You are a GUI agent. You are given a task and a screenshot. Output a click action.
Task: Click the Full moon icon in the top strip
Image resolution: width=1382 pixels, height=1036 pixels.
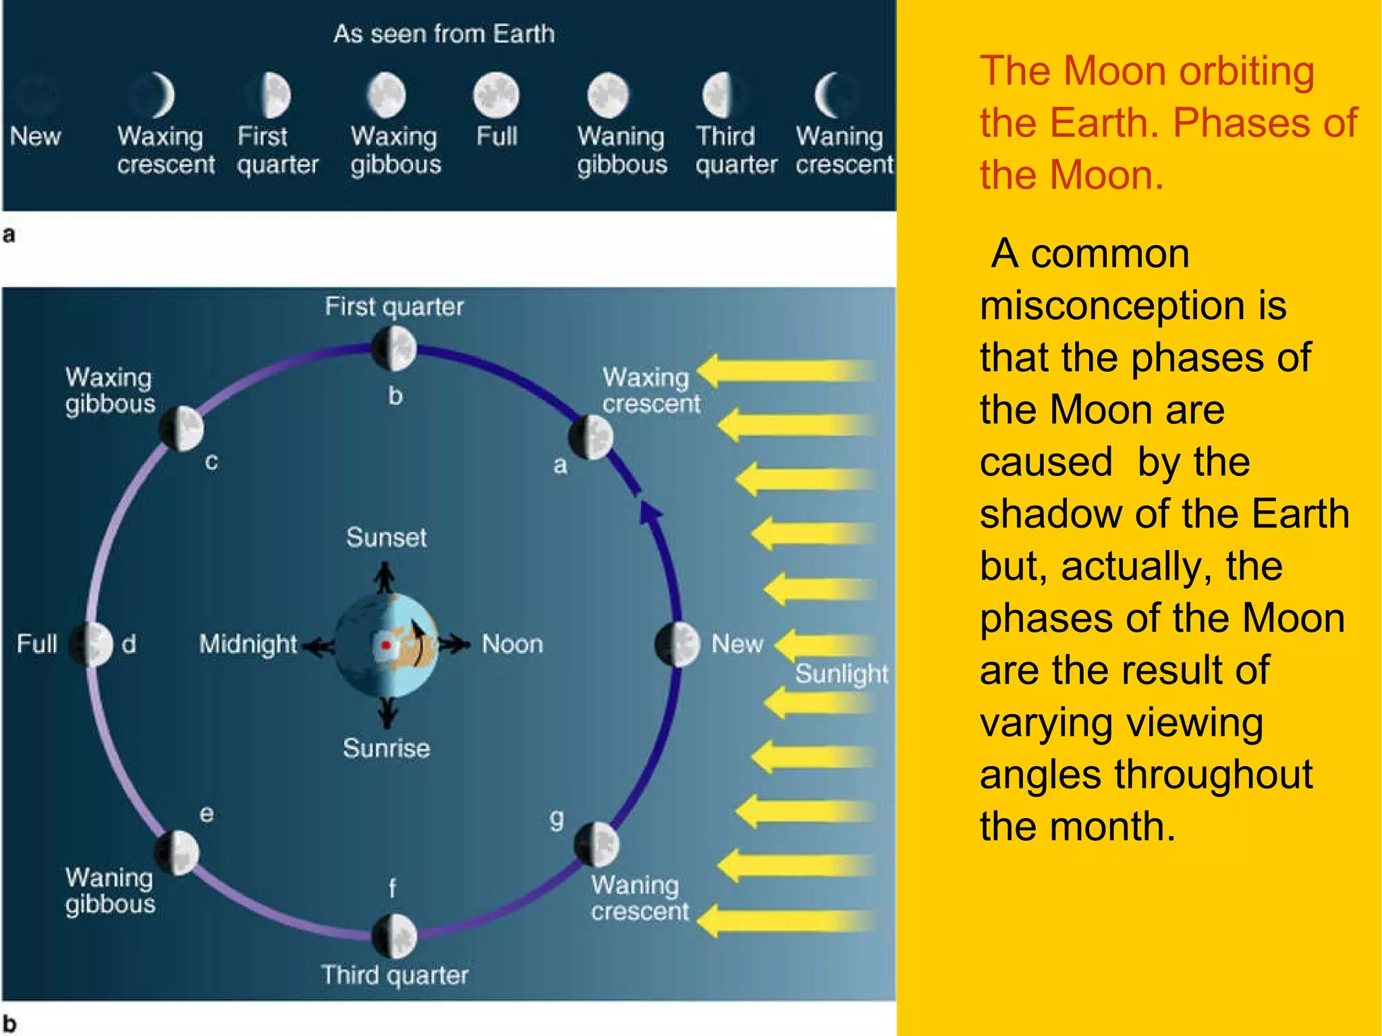[496, 94]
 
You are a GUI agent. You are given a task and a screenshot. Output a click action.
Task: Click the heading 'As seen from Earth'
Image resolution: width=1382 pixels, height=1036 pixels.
[444, 34]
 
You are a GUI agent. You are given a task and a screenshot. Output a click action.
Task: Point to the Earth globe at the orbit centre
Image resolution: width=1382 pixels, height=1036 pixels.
[386, 645]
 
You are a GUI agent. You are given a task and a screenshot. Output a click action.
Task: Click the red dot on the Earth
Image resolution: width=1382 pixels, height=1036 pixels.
[385, 645]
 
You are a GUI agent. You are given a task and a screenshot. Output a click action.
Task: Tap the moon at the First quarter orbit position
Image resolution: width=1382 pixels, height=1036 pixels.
[394, 348]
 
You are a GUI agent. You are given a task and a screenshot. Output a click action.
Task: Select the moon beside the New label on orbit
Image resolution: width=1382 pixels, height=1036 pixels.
[678, 645]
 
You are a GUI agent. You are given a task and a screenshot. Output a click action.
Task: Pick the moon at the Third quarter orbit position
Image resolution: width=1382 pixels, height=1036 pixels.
[395, 936]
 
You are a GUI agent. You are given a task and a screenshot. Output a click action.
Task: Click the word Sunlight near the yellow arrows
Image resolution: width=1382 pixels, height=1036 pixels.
[841, 674]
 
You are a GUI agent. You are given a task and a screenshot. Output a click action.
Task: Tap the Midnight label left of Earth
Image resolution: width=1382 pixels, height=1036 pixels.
[248, 645]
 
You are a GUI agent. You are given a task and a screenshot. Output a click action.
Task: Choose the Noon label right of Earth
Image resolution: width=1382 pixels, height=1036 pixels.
[512, 645]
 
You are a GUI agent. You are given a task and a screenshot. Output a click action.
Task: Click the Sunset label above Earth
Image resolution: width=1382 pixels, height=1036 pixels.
[386, 538]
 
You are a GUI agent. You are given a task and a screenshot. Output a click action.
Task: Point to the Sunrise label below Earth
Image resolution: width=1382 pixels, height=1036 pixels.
[386, 748]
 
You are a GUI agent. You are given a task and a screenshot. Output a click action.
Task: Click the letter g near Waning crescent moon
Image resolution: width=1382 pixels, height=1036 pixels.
[556, 819]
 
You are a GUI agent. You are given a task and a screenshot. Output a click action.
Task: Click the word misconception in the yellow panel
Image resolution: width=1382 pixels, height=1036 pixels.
[1132, 305]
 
